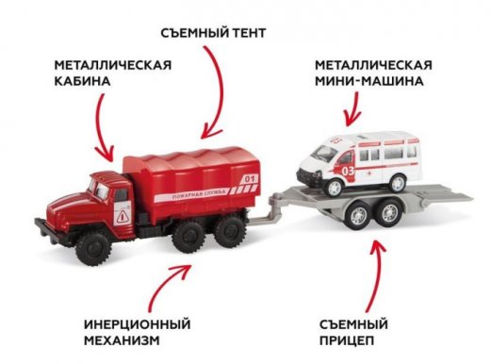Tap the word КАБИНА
tap(82, 81)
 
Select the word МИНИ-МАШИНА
tap(369, 81)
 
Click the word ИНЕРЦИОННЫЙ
tap(138, 324)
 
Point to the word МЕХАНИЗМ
tap(122, 340)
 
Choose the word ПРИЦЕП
tap(347, 340)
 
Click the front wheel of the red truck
tap(93, 249)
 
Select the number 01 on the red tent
tap(249, 179)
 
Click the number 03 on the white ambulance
tap(348, 171)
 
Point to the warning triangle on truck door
tap(122, 217)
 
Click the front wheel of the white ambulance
tap(334, 188)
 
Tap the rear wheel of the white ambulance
tap(398, 183)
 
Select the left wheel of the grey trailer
tap(358, 214)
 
